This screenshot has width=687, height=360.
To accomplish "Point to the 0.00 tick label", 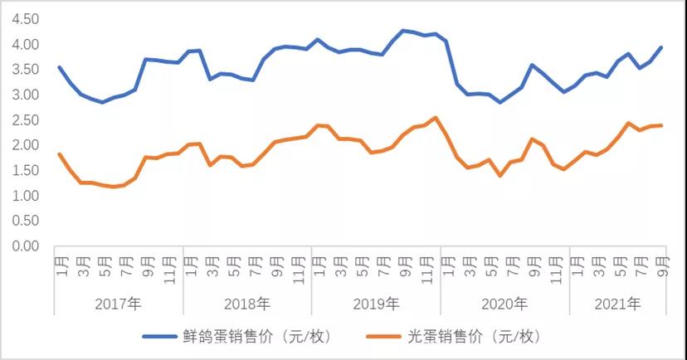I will [27, 246].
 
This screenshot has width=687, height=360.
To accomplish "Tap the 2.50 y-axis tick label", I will [27, 120].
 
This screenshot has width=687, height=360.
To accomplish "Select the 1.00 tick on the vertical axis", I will [27, 196].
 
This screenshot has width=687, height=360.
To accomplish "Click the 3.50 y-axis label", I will [27, 70].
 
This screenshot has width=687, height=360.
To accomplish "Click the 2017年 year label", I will [119, 304].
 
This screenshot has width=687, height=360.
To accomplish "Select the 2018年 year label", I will [247, 304].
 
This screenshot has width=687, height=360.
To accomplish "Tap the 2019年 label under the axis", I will [376, 304].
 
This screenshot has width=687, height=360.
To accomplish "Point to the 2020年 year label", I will [504, 304].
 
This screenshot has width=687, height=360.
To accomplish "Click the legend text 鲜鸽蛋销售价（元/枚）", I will [253, 337].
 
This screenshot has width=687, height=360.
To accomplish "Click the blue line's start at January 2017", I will [60, 67].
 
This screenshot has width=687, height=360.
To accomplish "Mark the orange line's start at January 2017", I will [60, 154].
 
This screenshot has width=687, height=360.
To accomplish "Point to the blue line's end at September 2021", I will [661, 47].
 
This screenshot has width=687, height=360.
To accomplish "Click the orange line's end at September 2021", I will [661, 125].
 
